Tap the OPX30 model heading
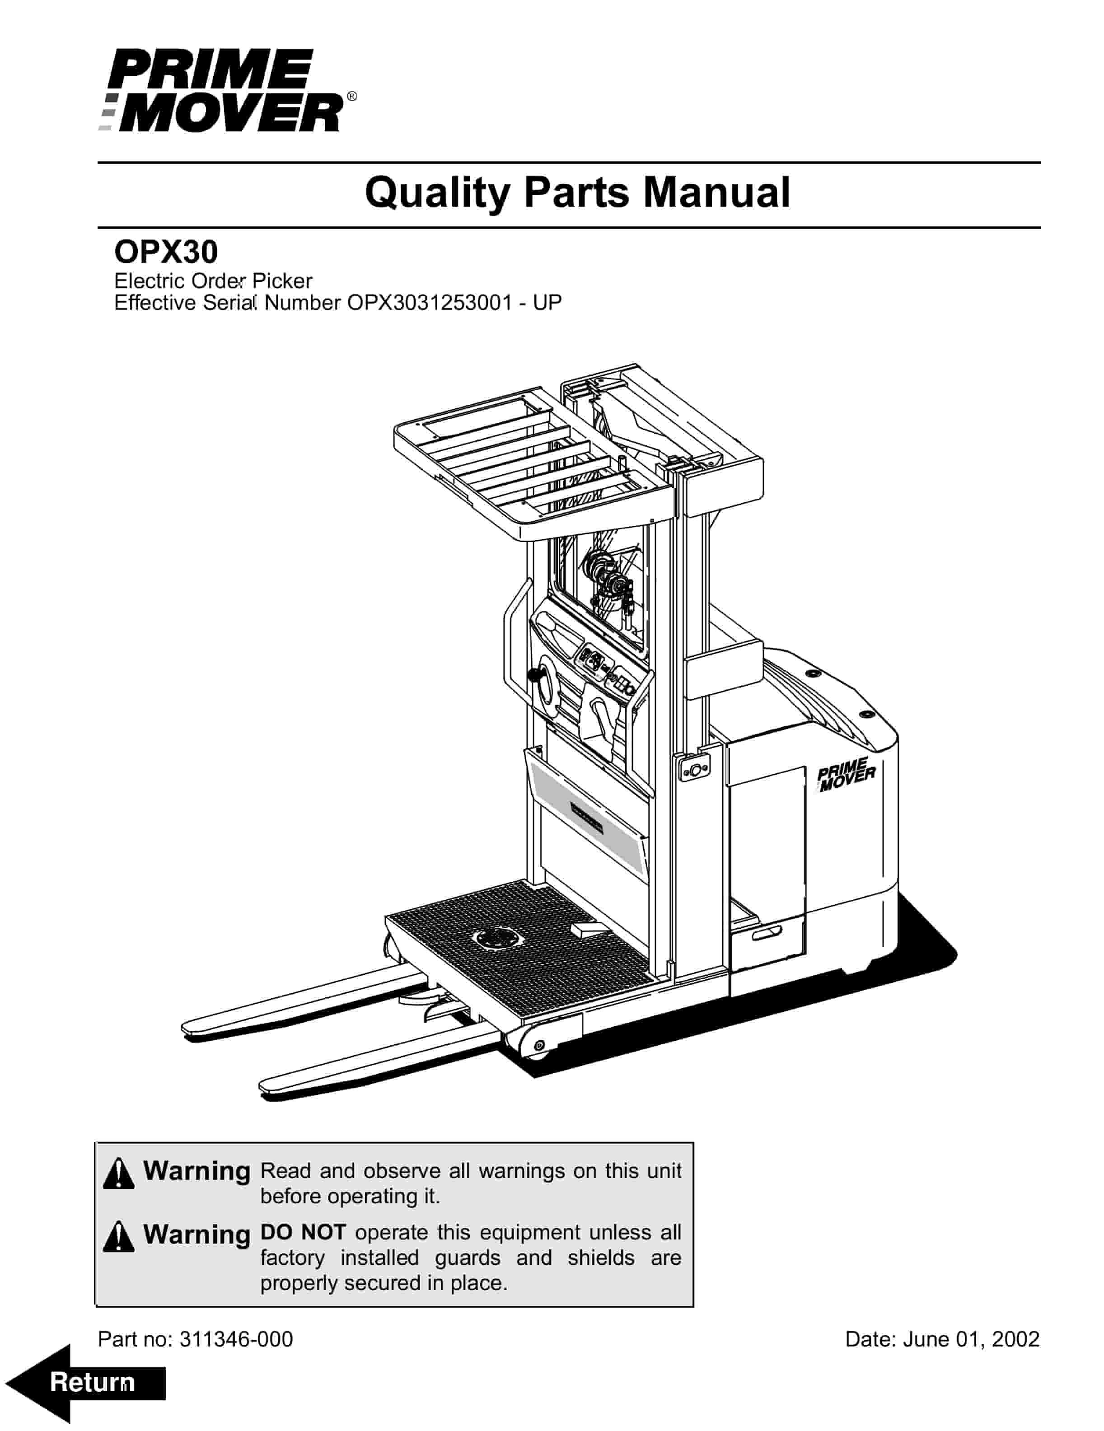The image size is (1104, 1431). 166,252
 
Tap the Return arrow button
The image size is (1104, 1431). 85,1383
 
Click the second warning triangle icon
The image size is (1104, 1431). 119,1236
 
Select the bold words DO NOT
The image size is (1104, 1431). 303,1232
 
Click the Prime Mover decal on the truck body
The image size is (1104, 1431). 845,775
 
